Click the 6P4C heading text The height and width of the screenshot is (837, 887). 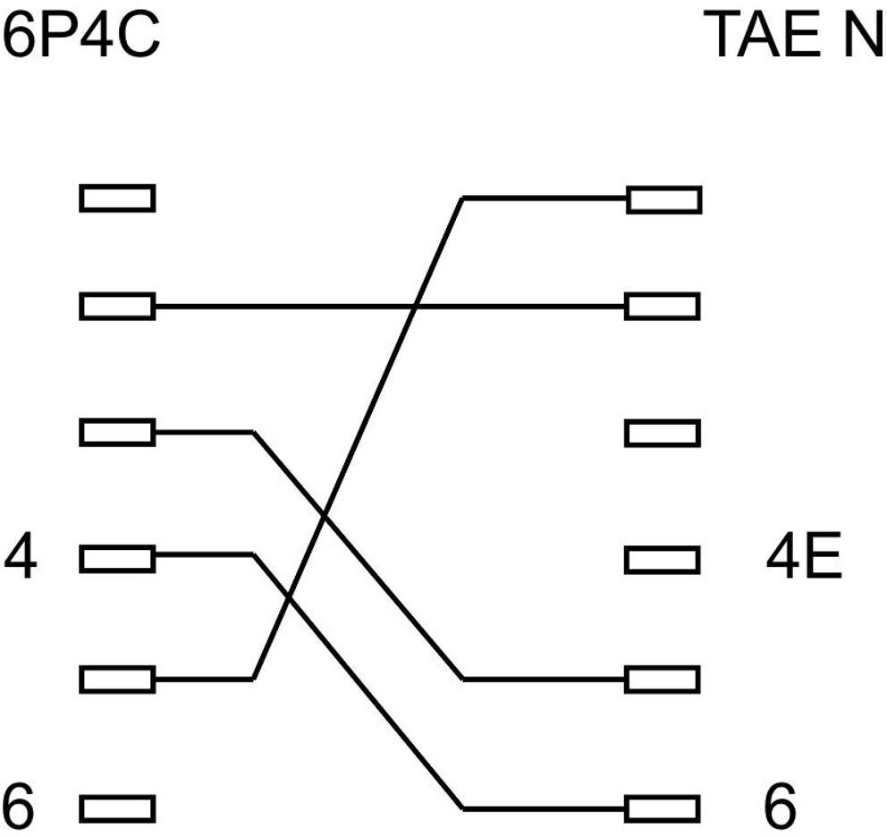click(x=81, y=37)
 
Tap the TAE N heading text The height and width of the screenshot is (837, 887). click(x=793, y=37)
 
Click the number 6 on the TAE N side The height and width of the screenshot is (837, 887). click(x=780, y=807)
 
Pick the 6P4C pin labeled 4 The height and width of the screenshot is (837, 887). click(x=117, y=560)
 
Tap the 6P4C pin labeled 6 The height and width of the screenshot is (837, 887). click(x=117, y=809)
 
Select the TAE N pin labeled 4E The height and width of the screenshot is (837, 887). click(x=663, y=560)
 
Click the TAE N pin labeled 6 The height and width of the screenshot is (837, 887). click(x=663, y=808)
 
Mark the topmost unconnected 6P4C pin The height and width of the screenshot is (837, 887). click(x=117, y=198)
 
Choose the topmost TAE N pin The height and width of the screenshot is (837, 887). click(x=663, y=199)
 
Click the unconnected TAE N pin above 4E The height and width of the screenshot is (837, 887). click(x=663, y=435)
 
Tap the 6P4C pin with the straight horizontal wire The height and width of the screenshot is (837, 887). click(x=117, y=308)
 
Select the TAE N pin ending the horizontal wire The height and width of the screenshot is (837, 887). click(x=663, y=307)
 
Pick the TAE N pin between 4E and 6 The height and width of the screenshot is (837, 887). click(x=663, y=680)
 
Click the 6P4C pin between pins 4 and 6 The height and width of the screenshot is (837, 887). click(x=117, y=680)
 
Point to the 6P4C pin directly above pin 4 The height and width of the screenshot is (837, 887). click(x=117, y=434)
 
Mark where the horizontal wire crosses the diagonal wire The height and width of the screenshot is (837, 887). click(x=416, y=308)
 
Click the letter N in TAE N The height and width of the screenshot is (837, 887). click(x=859, y=37)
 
